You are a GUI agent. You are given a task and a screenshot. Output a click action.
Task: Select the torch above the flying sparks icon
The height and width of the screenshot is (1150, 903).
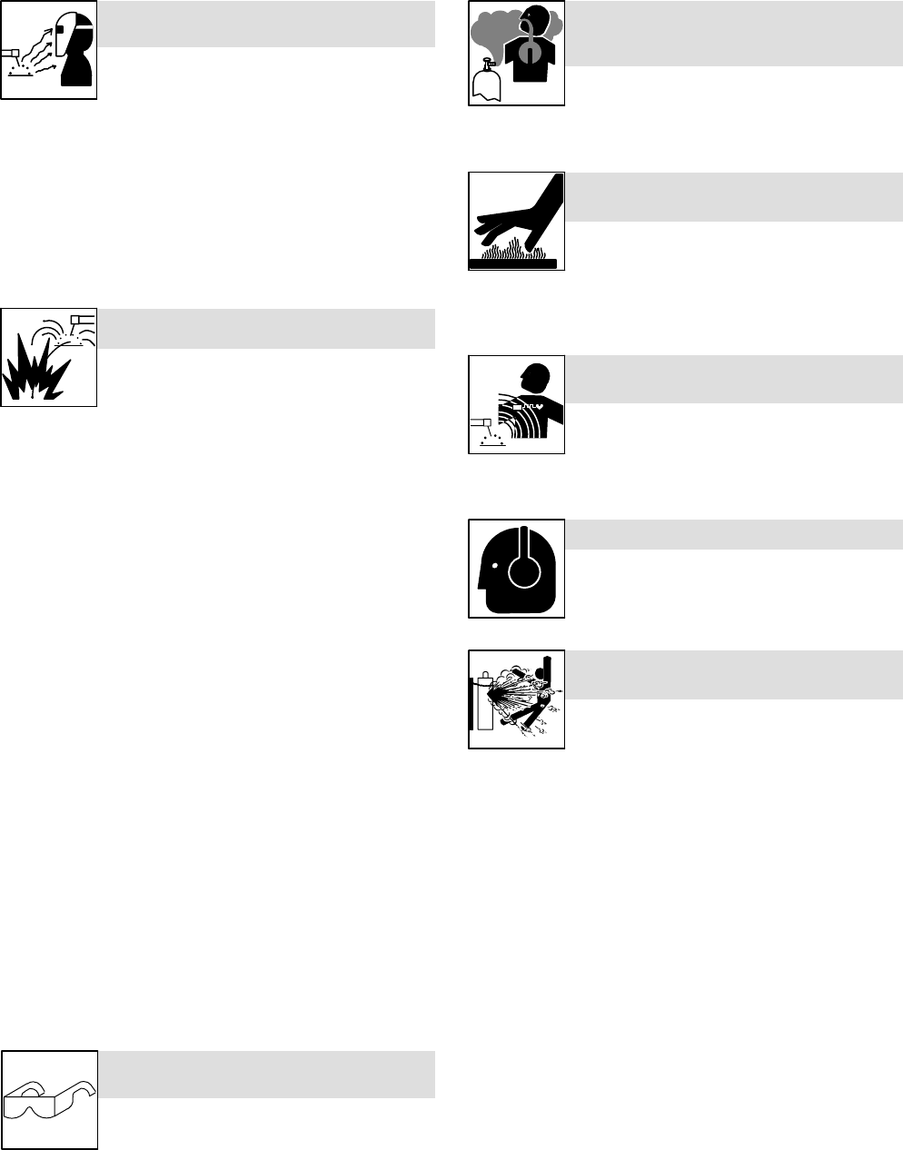(x=82, y=319)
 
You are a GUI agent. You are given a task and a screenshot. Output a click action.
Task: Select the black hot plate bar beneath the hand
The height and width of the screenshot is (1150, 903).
(x=512, y=263)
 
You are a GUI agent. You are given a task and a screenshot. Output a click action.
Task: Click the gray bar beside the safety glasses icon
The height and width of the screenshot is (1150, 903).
(x=266, y=1075)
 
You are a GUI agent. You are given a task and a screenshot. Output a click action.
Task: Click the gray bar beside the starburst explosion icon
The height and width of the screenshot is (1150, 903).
(x=266, y=329)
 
